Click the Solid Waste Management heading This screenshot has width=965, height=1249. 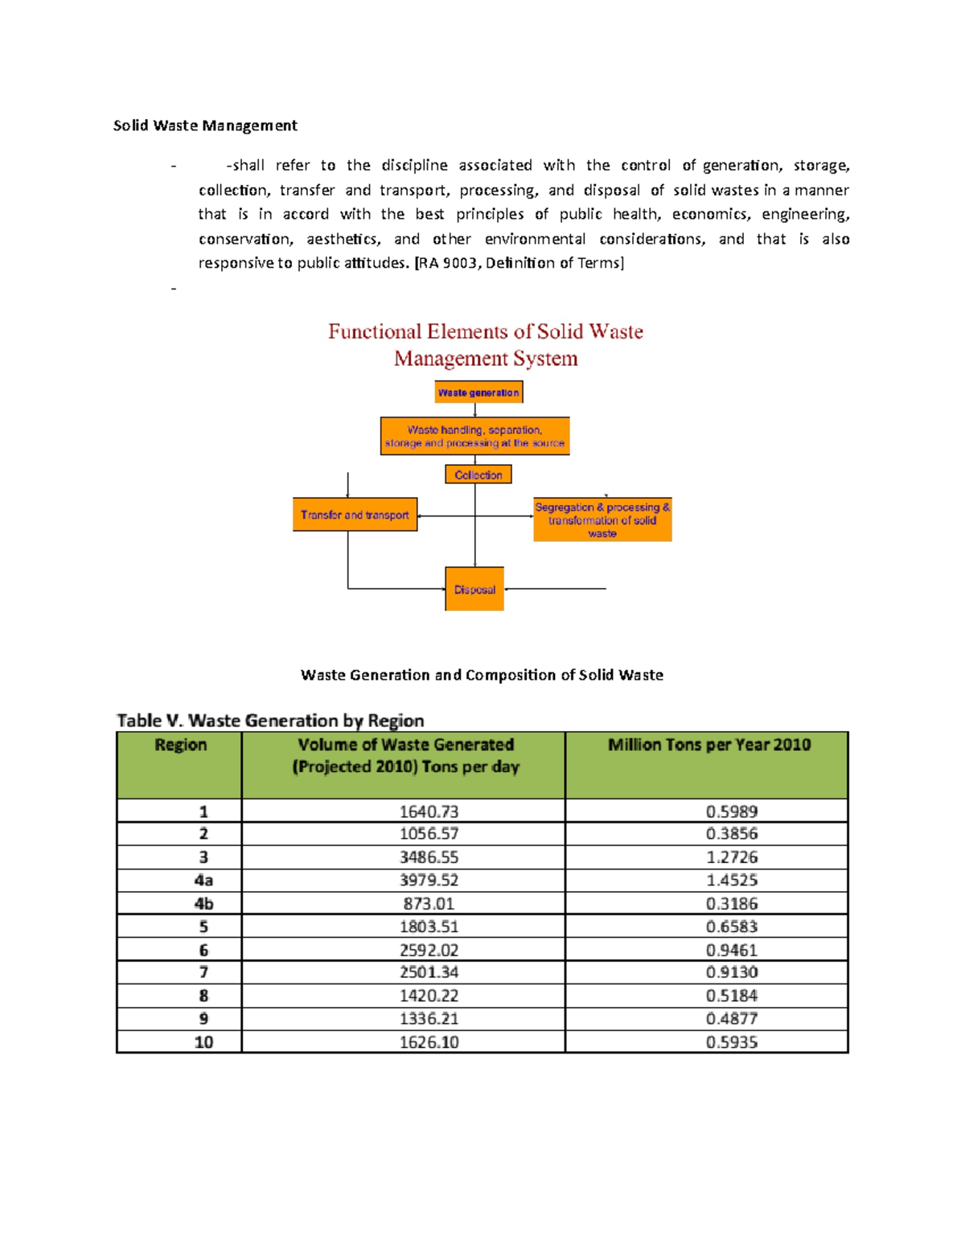(205, 125)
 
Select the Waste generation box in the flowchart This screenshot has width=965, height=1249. (478, 392)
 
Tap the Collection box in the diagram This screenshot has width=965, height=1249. (478, 475)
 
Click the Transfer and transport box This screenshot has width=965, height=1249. (355, 515)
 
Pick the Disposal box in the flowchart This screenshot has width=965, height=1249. (474, 590)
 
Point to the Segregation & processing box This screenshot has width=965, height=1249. (602, 520)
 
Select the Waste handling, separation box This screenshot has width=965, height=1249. (474, 436)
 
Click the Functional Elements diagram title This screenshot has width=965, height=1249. (485, 345)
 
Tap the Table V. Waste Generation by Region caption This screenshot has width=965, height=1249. (270, 721)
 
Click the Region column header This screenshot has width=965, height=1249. (180, 746)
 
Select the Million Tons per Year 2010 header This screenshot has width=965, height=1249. (708, 746)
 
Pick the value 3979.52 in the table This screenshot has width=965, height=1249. (429, 880)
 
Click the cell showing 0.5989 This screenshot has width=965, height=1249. (732, 811)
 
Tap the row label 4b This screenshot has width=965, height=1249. (203, 903)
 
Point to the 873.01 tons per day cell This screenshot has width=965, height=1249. (429, 903)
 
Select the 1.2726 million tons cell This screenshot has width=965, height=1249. (732, 857)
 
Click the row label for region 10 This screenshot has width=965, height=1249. (203, 1042)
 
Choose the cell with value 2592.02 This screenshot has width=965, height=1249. (429, 950)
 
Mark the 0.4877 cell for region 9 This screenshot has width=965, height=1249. (732, 1019)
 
